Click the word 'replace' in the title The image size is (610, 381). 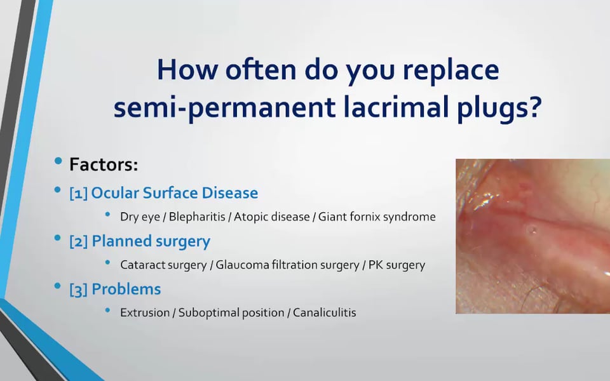click(x=451, y=70)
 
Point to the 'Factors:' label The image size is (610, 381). click(x=104, y=164)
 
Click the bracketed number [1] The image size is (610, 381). click(x=78, y=193)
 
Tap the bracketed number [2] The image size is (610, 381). click(x=79, y=241)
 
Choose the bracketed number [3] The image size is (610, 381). click(x=79, y=290)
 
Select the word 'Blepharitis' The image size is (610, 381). click(x=197, y=217)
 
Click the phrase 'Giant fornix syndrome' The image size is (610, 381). click(x=377, y=217)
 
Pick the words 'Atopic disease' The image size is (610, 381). click(x=271, y=217)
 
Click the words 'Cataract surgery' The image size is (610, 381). click(x=163, y=265)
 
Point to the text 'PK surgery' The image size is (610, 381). click(x=396, y=265)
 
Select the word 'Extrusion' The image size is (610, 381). click(x=145, y=313)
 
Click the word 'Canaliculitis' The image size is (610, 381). click(x=325, y=313)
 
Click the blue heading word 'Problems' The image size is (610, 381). click(x=126, y=290)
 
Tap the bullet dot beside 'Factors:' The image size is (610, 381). click(x=58, y=161)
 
